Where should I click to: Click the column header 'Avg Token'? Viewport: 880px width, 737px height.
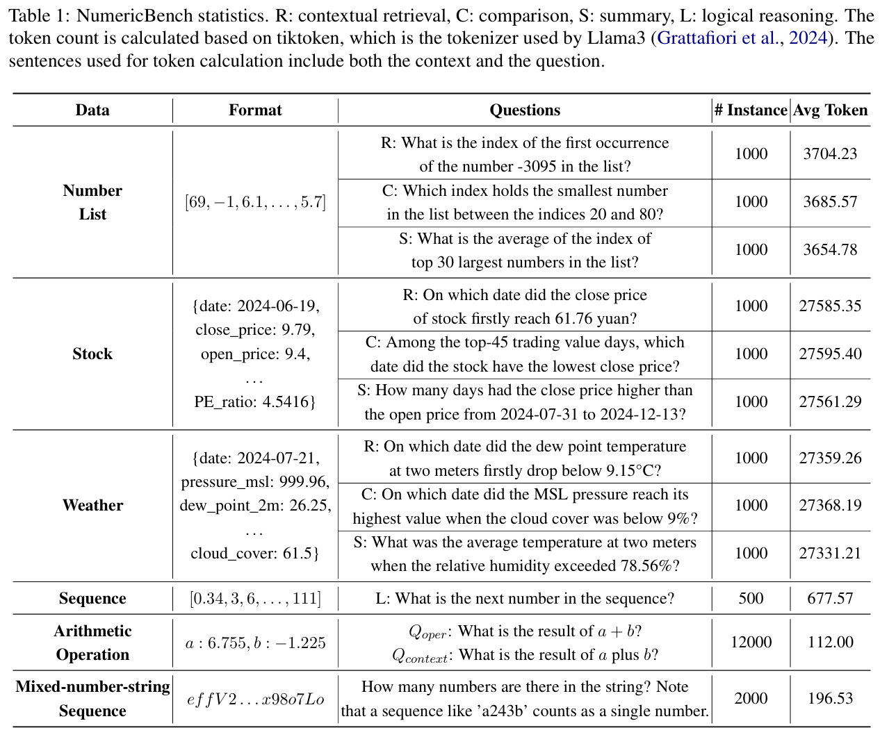[x=830, y=110]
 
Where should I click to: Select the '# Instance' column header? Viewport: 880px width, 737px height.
[x=751, y=110]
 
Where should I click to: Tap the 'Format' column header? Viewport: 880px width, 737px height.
[x=255, y=110]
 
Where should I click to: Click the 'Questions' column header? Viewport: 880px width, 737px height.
[x=525, y=110]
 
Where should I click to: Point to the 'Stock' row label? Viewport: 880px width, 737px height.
[x=92, y=354]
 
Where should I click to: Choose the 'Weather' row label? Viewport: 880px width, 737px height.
[x=92, y=506]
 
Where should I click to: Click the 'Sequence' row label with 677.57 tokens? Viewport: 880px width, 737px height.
[x=92, y=599]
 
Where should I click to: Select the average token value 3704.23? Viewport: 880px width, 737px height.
[x=830, y=154]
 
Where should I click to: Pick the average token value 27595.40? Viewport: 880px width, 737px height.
[x=830, y=354]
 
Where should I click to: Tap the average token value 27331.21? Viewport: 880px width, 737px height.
[x=830, y=554]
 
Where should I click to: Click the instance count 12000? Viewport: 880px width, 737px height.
[x=751, y=643]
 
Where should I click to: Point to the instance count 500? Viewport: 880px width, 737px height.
[x=751, y=599]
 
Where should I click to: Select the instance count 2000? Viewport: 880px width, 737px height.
[x=751, y=699]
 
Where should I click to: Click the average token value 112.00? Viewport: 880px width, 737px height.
[x=830, y=643]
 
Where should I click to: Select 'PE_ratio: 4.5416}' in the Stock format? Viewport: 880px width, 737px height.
[x=255, y=402]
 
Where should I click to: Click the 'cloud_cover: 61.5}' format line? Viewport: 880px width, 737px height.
[x=255, y=554]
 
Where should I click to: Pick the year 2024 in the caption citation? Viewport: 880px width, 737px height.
[x=808, y=38]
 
